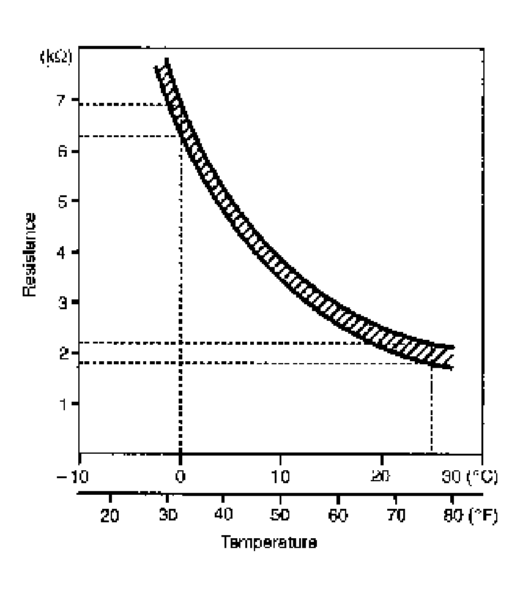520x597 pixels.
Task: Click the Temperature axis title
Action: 269,543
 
